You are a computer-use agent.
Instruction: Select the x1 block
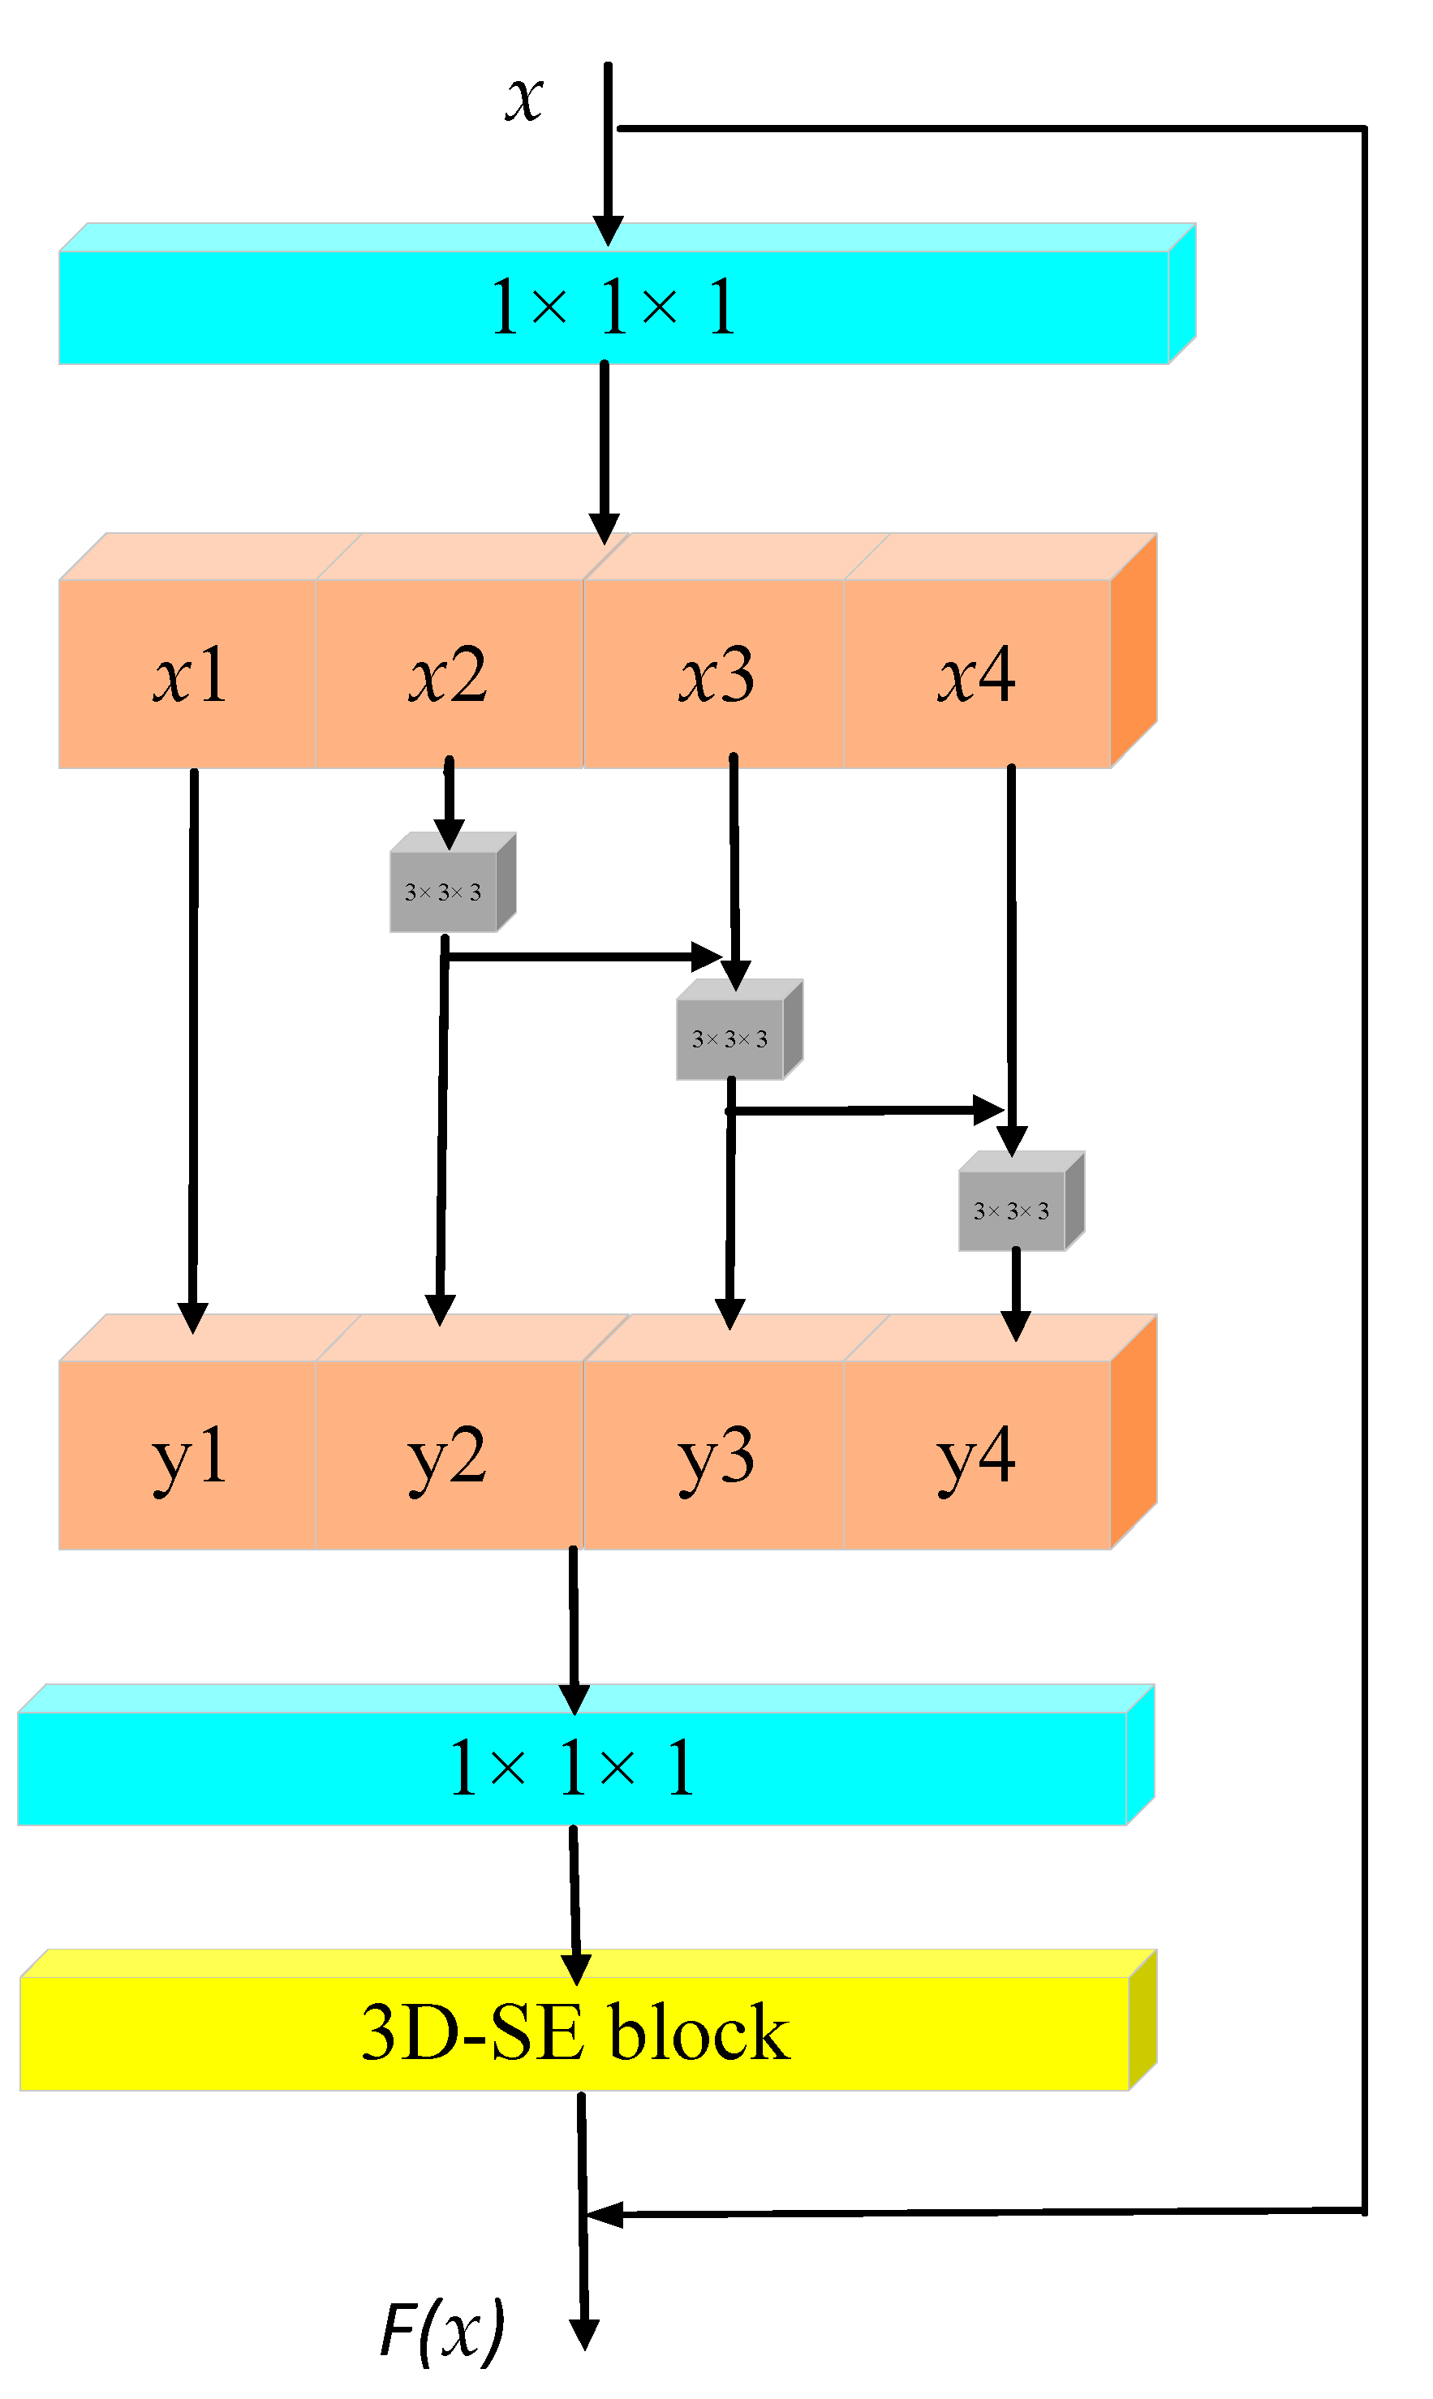coord(187,674)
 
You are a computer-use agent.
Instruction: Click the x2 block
coord(448,674)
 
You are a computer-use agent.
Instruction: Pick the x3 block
coord(715,674)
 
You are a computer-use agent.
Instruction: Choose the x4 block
coord(976,674)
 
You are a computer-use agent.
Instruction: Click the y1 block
coord(187,1455)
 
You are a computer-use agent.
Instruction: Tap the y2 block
coord(448,1455)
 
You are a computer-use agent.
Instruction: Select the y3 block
coord(715,1455)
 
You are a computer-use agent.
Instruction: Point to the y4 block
coord(976,1455)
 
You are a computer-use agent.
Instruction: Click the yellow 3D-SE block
coord(574,2032)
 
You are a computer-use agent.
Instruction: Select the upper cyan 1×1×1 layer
coord(613,307)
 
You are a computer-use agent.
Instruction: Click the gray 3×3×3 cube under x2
coord(444,891)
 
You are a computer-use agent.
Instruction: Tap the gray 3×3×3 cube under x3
coord(730,1038)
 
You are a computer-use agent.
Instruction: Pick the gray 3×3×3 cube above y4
coord(1012,1210)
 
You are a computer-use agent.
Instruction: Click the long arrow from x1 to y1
coord(193,1043)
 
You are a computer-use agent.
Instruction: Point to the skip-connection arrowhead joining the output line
coord(605,2216)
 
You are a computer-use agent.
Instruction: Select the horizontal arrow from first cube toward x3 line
coord(579,957)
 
